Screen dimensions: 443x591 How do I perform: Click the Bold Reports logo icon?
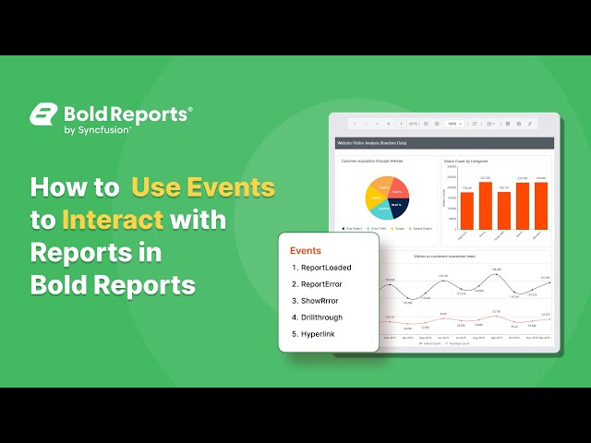pos(43,114)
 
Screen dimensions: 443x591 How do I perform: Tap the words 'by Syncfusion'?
pos(97,130)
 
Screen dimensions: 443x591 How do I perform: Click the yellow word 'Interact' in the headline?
pos(113,221)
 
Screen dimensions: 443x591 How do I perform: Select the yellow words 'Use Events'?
pos(203,187)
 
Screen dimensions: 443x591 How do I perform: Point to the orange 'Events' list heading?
pos(306,250)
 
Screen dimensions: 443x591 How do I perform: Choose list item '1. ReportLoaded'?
pos(321,268)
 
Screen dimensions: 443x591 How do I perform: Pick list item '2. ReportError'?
pos(317,284)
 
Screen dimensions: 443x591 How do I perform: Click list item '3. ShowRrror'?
pos(316,301)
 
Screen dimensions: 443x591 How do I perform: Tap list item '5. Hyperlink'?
pos(315,334)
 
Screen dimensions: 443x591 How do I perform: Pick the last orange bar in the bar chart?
pos(541,205)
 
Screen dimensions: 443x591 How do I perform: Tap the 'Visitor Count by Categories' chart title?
pos(466,161)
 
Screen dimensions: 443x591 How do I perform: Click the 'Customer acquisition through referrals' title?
pos(372,161)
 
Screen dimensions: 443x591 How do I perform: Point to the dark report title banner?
pos(443,144)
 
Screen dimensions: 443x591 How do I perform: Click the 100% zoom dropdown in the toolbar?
pos(454,123)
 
